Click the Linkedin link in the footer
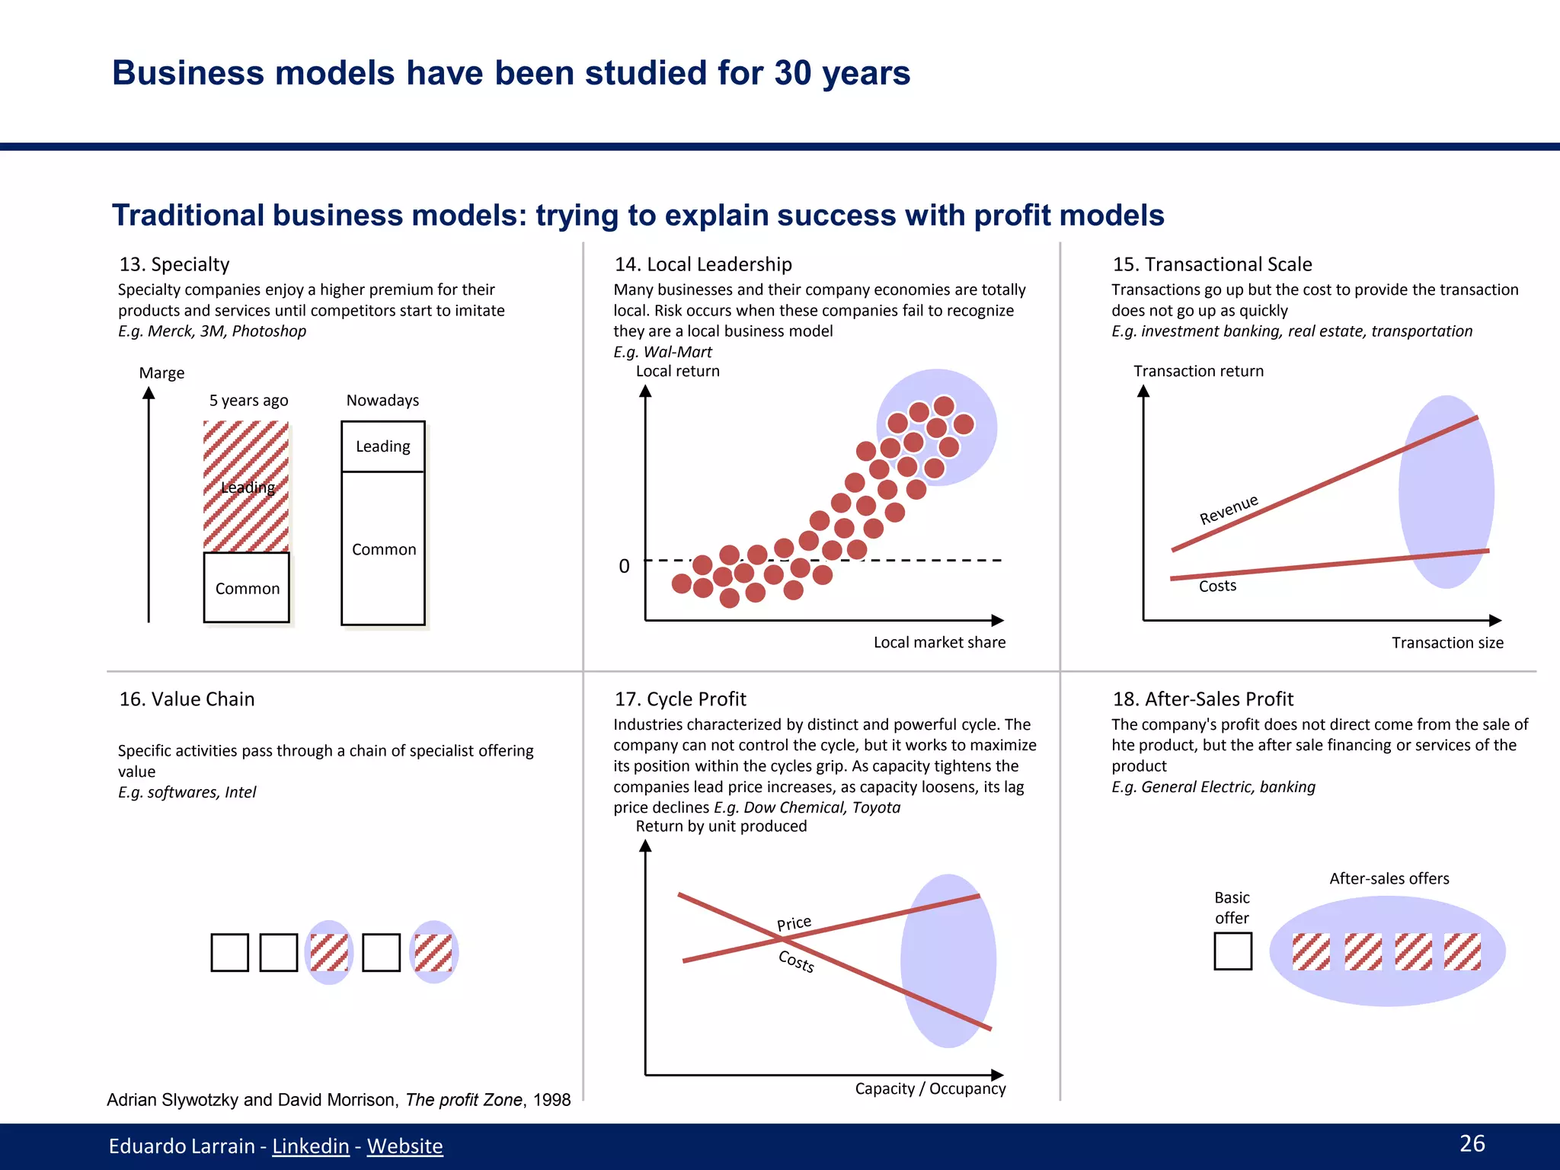click(x=310, y=1146)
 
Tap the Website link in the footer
click(x=404, y=1146)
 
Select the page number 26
click(x=1472, y=1143)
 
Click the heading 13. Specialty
click(x=174, y=264)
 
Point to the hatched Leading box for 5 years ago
click(x=246, y=487)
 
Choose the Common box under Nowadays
click(x=383, y=548)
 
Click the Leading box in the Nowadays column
click(x=383, y=446)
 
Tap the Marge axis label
click(x=161, y=373)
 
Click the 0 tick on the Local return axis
click(x=624, y=566)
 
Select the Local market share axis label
click(x=938, y=642)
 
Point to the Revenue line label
click(x=1228, y=510)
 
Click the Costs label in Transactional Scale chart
click(x=1217, y=586)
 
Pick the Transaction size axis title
click(x=1447, y=643)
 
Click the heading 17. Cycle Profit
click(x=679, y=699)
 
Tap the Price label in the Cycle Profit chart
click(x=794, y=924)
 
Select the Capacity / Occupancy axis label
click(x=929, y=1088)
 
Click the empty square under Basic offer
click(x=1232, y=951)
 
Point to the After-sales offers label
click(x=1389, y=878)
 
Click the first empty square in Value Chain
click(x=229, y=952)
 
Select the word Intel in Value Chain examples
click(x=240, y=792)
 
